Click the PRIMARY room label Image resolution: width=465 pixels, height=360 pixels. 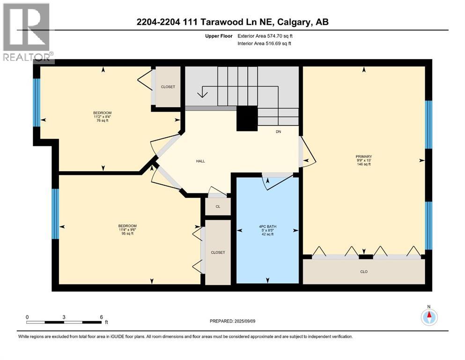(364, 157)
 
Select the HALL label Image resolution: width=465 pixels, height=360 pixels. (200, 161)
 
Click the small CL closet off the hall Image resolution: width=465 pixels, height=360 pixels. (218, 206)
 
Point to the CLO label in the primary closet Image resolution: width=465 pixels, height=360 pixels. (364, 271)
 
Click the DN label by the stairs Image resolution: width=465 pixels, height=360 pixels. (278, 132)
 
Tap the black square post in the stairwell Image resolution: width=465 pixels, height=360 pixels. (247, 118)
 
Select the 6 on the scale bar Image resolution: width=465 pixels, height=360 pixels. (101, 317)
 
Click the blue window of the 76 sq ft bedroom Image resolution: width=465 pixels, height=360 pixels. (37, 103)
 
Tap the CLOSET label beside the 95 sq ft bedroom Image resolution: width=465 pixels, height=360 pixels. (218, 252)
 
